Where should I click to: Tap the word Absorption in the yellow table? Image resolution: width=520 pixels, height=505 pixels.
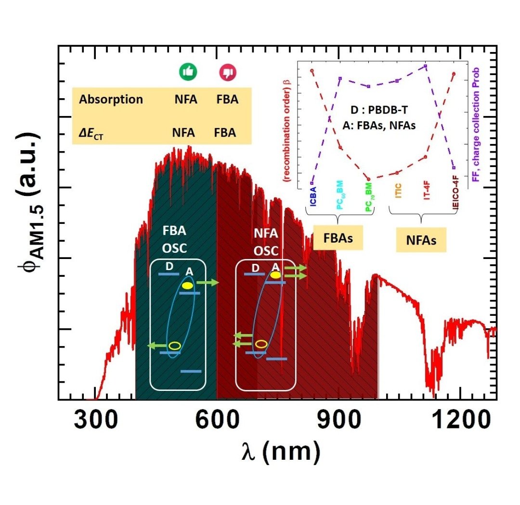point(111,100)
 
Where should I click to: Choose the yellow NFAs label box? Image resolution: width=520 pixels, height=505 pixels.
point(421,240)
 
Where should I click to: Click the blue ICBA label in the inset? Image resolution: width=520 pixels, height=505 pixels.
point(312,197)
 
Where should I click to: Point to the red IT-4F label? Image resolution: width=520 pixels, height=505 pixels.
point(427,195)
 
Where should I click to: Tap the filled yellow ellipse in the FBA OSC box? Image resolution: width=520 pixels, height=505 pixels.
point(187,285)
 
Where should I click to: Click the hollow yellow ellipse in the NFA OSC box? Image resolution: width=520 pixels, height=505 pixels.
point(261,344)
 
